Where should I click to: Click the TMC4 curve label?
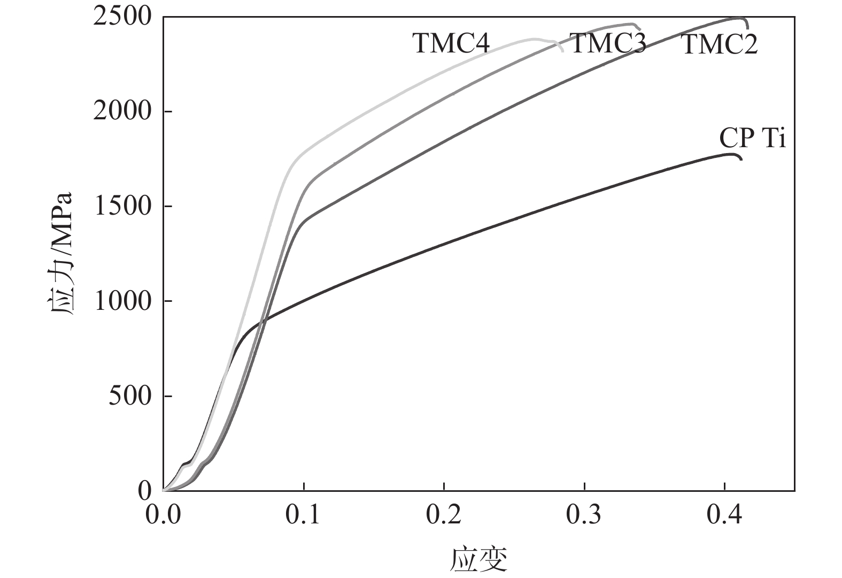coord(451,44)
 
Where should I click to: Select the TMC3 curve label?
coord(608,43)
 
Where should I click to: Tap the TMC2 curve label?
coord(720,45)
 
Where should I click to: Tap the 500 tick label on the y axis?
coord(130,396)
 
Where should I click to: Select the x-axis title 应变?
coord(478,560)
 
